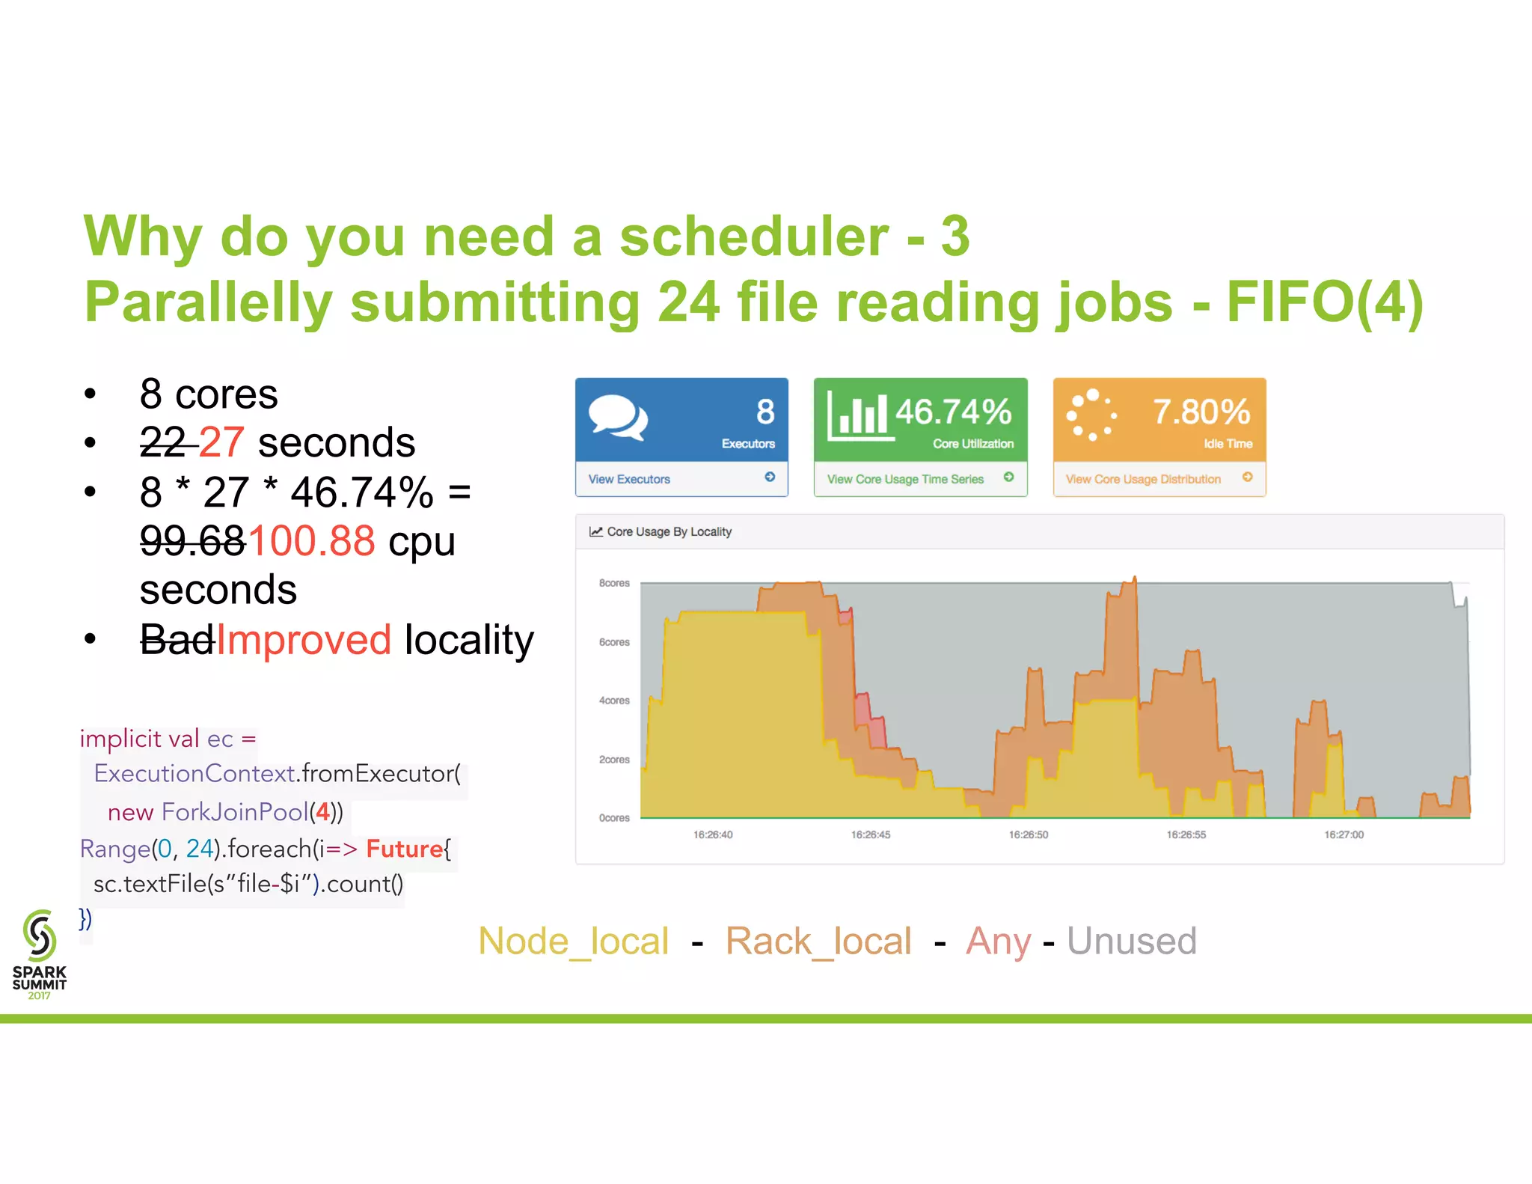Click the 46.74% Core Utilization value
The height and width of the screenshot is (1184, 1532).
(x=953, y=412)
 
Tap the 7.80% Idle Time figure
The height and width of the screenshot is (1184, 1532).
(x=1201, y=412)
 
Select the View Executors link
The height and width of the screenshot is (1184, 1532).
(x=629, y=479)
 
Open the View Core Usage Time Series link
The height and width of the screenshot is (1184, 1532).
(x=905, y=479)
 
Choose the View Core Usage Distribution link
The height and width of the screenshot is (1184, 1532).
(x=1143, y=479)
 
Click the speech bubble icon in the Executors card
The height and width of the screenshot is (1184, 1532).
(x=617, y=416)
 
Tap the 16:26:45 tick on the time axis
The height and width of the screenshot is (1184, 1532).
(x=871, y=834)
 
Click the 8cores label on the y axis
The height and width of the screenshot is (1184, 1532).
(x=614, y=583)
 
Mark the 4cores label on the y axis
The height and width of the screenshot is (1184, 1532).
(x=614, y=701)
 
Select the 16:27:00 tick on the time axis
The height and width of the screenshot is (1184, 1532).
(x=1344, y=834)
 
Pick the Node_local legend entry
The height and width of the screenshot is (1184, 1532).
(x=574, y=942)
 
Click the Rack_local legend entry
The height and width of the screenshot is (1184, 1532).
(x=818, y=942)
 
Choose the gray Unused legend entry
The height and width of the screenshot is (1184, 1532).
(x=1132, y=942)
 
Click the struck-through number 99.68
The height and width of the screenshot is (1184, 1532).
(x=193, y=540)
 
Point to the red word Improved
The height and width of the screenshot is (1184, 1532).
(x=304, y=640)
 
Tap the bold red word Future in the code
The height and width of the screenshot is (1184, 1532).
(x=404, y=849)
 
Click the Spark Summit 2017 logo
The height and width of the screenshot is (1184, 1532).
(x=40, y=954)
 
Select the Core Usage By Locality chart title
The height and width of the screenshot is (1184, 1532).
(x=669, y=532)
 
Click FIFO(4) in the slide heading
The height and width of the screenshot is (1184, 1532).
(x=1324, y=302)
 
